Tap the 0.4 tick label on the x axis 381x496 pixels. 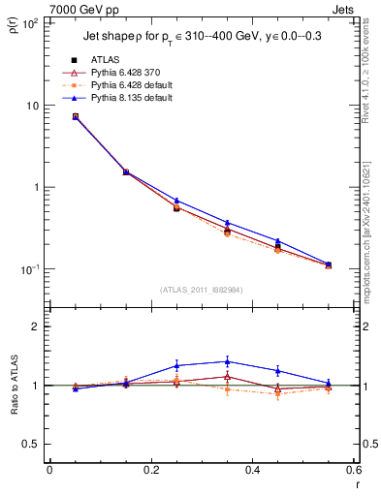click(x=253, y=470)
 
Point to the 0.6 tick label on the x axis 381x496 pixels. click(x=354, y=470)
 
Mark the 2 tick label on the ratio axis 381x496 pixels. click(x=36, y=326)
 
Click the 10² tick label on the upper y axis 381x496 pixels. click(x=29, y=23)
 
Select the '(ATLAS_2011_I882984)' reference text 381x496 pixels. click(x=202, y=289)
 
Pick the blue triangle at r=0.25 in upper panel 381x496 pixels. click(x=176, y=201)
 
